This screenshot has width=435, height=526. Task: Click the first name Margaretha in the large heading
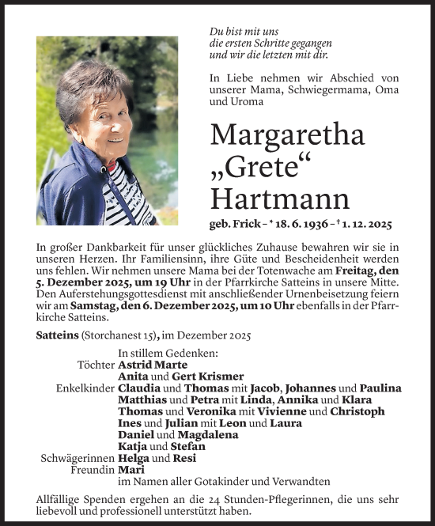tap(287, 135)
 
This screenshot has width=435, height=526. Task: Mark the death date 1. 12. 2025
tap(371, 224)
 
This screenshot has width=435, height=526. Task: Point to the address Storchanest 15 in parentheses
tap(118, 335)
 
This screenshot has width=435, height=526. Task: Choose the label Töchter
tap(95, 365)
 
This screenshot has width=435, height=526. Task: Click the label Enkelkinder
tap(85, 388)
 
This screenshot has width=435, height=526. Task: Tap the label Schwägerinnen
tap(77, 458)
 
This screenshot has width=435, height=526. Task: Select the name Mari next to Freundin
tap(129, 470)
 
